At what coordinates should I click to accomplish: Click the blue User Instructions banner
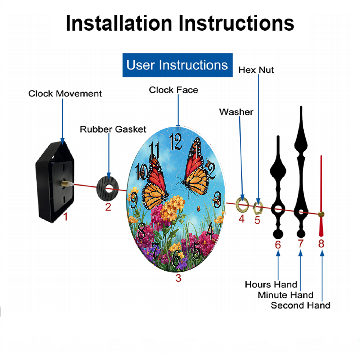click(177, 65)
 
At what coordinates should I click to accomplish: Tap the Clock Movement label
click(65, 94)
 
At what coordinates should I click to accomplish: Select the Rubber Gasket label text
click(113, 129)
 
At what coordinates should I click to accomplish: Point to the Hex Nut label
click(256, 70)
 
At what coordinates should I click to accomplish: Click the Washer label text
click(236, 112)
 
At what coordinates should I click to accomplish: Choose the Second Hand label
click(301, 305)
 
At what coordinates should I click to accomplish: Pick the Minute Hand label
click(285, 295)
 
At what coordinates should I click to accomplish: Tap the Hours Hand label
click(271, 284)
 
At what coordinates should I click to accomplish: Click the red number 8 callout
click(321, 244)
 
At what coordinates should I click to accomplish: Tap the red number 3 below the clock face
click(179, 278)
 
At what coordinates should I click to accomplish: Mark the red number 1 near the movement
click(66, 217)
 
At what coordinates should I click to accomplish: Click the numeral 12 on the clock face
click(176, 142)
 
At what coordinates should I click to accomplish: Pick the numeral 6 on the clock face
click(176, 258)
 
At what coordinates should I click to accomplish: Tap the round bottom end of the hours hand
click(278, 234)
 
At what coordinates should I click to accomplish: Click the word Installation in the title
click(119, 23)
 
